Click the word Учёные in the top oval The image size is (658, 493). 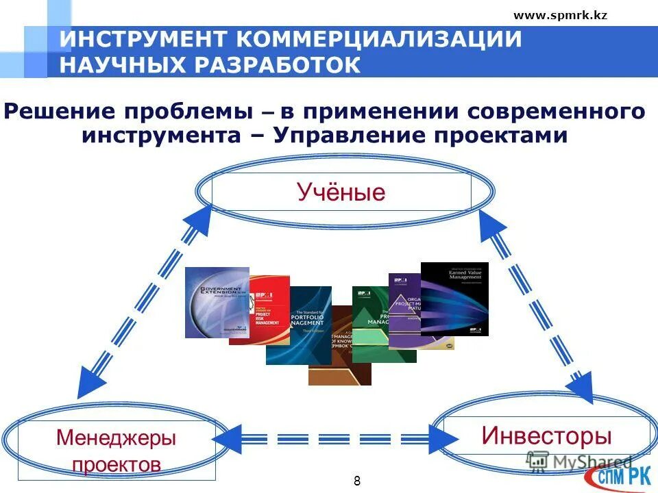(341, 192)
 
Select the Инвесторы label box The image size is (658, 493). (546, 435)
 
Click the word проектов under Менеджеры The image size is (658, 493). (117, 464)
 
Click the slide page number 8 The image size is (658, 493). (357, 480)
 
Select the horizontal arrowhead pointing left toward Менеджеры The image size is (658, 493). (229, 437)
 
